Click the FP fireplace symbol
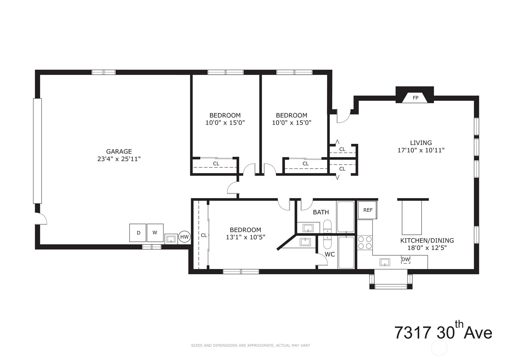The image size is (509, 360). click(x=415, y=98)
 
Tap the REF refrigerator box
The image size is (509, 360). click(x=367, y=210)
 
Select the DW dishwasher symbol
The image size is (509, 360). click(x=405, y=259)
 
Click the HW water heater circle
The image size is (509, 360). click(x=184, y=237)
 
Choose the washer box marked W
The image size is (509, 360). click(x=155, y=233)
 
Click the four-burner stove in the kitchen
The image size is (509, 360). click(x=365, y=242)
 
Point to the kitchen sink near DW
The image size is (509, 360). click(x=384, y=262)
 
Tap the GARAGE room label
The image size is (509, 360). click(x=119, y=152)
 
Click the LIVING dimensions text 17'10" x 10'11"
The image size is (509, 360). click(x=421, y=150)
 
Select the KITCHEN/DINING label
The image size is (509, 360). click(x=427, y=240)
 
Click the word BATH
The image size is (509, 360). click(x=320, y=212)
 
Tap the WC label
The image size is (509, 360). click(x=330, y=255)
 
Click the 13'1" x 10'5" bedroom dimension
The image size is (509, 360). click(x=245, y=237)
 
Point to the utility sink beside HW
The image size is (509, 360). click(x=171, y=239)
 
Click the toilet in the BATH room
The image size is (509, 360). click(x=327, y=227)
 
